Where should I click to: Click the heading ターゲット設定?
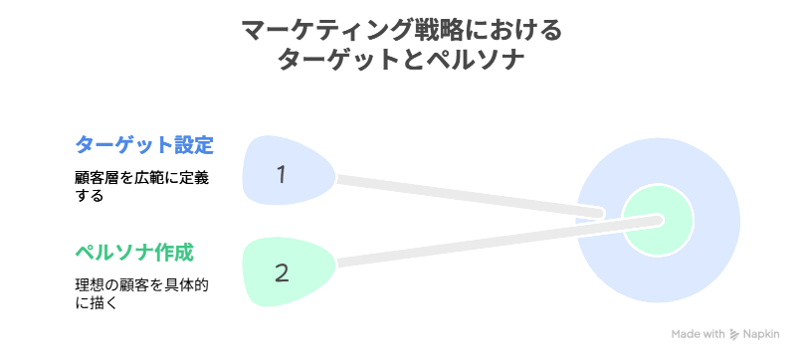coord(144,144)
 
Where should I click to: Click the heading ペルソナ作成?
coord(133,251)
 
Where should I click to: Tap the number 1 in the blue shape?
coord(282,174)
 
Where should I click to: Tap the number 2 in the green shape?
coord(282,271)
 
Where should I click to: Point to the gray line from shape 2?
coord(468,244)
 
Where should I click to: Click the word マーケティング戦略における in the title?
coord(401,30)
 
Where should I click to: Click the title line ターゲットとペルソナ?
coord(401,60)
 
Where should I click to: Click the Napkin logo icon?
coord(735,335)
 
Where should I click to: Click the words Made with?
coord(699,335)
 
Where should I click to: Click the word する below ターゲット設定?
coord(89,196)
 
